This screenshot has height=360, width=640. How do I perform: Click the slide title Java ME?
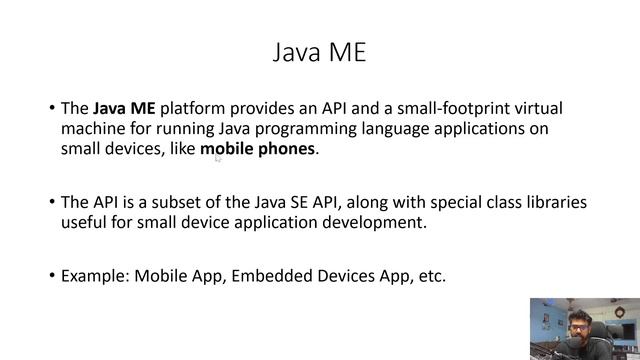[x=320, y=52]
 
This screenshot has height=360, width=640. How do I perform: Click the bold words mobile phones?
[x=258, y=150]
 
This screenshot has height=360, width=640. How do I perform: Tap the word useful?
[x=84, y=222]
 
